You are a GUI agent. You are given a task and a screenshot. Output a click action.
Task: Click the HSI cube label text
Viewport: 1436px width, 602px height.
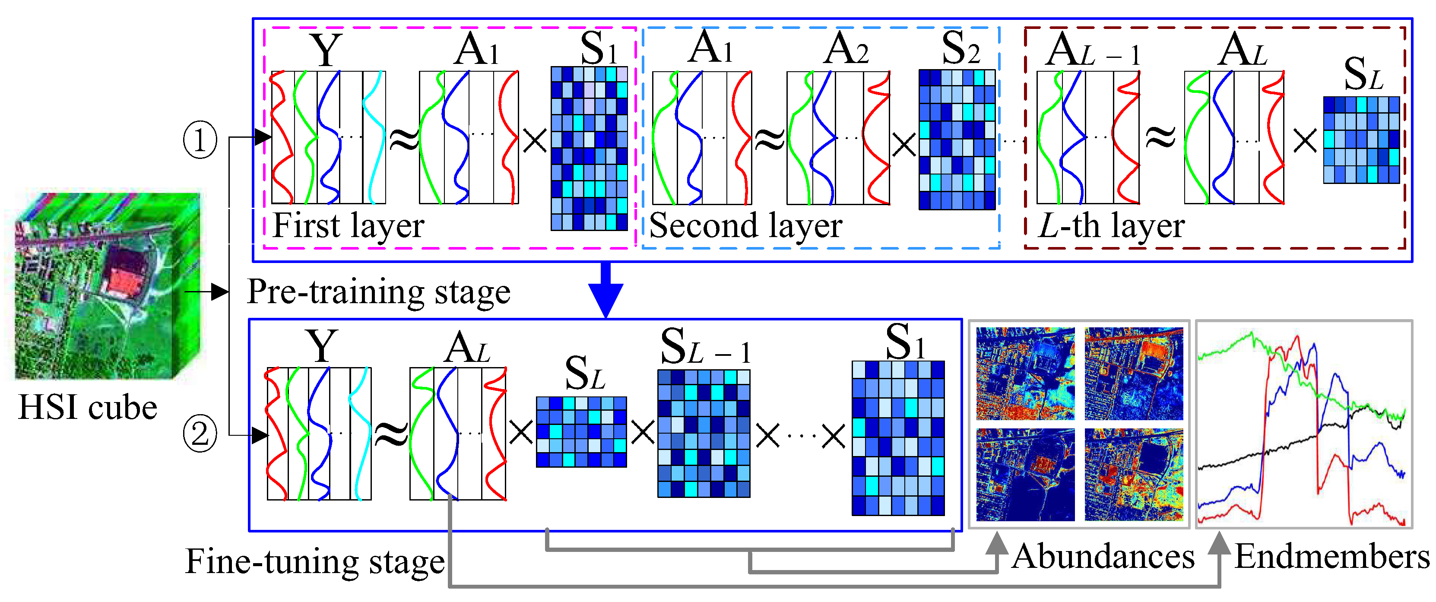[88, 408]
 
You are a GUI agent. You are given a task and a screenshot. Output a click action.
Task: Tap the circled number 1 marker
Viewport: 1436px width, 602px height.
[200, 140]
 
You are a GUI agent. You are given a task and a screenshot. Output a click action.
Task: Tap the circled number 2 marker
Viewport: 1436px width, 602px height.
[200, 434]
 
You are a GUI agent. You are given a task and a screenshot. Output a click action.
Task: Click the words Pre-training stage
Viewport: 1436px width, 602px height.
[378, 291]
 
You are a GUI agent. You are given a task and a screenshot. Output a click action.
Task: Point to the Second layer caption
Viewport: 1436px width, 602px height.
[745, 226]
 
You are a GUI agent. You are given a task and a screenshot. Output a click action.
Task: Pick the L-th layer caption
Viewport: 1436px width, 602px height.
[1110, 226]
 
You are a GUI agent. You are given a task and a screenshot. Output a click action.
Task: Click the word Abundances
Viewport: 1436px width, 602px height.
[1103, 556]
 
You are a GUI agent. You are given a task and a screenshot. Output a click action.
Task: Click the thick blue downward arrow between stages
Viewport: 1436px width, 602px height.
[605, 290]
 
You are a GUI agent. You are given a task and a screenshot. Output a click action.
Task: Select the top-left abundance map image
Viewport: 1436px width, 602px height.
[1025, 373]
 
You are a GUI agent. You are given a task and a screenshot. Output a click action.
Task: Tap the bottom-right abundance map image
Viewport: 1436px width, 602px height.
[1133, 474]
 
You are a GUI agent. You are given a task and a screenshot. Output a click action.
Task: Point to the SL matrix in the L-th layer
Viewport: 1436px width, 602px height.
[1361, 140]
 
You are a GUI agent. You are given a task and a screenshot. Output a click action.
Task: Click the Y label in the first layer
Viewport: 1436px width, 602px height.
[326, 50]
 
